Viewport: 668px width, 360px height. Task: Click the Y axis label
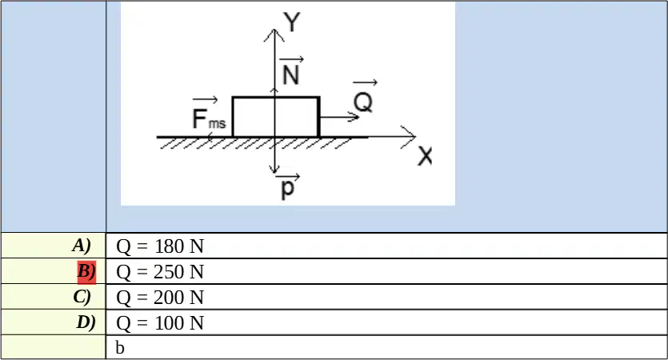pos(292,22)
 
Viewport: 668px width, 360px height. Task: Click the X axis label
pos(425,156)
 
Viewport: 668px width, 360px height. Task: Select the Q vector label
pos(363,97)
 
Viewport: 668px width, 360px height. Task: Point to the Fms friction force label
pos(208,114)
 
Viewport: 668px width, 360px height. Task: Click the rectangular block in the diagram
pos(276,117)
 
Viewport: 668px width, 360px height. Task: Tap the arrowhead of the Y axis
pos(274,35)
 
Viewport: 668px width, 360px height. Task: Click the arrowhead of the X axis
pos(408,137)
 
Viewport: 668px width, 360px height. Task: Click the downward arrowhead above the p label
pos(274,169)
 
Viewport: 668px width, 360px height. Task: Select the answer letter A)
pos(82,246)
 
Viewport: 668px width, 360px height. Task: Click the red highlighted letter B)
pos(86,272)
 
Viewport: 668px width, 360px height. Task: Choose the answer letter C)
pos(82,297)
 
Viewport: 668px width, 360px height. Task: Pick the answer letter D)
pos(86,322)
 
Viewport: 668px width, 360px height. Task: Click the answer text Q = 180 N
pos(160,246)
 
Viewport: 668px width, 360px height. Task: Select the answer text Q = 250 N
pos(160,272)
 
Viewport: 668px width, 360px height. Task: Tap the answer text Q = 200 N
pos(160,298)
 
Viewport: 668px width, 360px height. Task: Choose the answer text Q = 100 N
pos(160,323)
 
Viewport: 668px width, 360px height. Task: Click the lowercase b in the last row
pos(120,348)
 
